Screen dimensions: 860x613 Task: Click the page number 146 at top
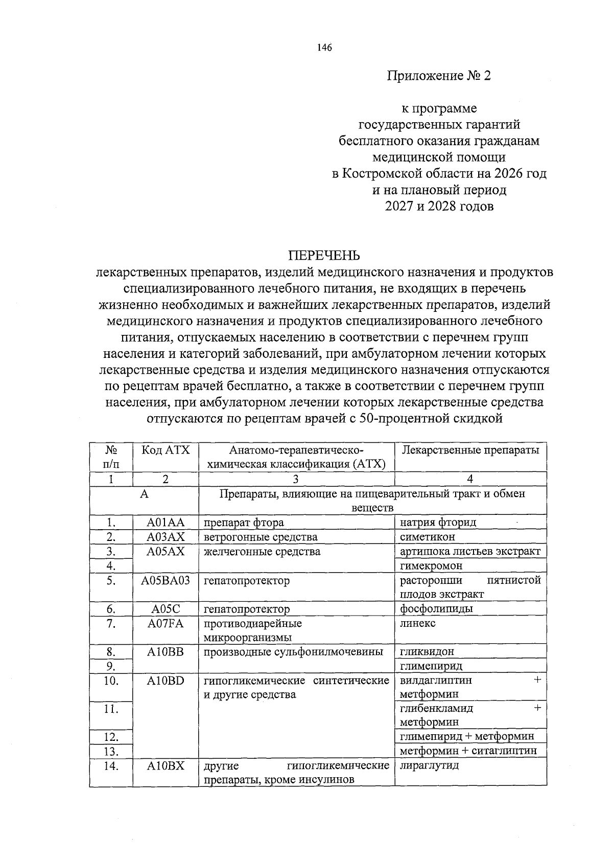324,48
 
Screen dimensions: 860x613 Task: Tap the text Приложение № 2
439,76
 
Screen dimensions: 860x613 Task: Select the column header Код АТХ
166,450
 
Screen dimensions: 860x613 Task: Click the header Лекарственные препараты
470,450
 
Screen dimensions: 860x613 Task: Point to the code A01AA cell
166,523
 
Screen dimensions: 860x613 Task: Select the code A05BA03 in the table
166,580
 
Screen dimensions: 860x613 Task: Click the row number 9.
111,666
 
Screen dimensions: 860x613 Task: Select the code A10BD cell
166,681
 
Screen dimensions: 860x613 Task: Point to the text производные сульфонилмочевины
293,652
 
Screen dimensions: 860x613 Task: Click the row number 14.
111,766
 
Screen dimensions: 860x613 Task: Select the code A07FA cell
166,623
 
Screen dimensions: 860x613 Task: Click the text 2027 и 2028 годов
439,207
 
